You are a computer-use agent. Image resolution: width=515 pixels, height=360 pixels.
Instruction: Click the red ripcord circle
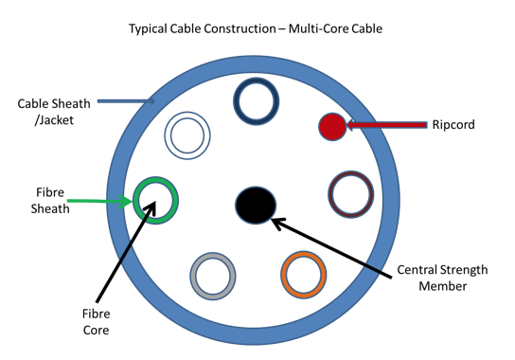[332, 125]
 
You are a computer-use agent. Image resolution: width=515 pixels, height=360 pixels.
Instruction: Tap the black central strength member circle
[256, 205]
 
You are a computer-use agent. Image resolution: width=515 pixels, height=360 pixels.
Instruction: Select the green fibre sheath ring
[155, 199]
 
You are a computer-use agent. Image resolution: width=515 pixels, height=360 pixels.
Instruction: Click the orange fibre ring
[304, 274]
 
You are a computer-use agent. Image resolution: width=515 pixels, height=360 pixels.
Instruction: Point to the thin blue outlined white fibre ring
[187, 135]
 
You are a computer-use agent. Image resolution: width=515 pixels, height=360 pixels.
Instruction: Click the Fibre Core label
[95, 322]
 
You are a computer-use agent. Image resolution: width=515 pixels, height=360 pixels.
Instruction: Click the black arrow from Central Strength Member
[332, 248]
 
